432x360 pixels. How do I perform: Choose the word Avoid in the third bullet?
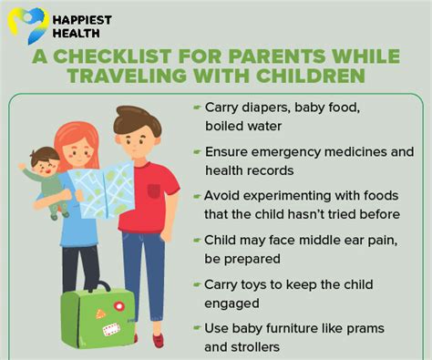click(221, 195)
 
